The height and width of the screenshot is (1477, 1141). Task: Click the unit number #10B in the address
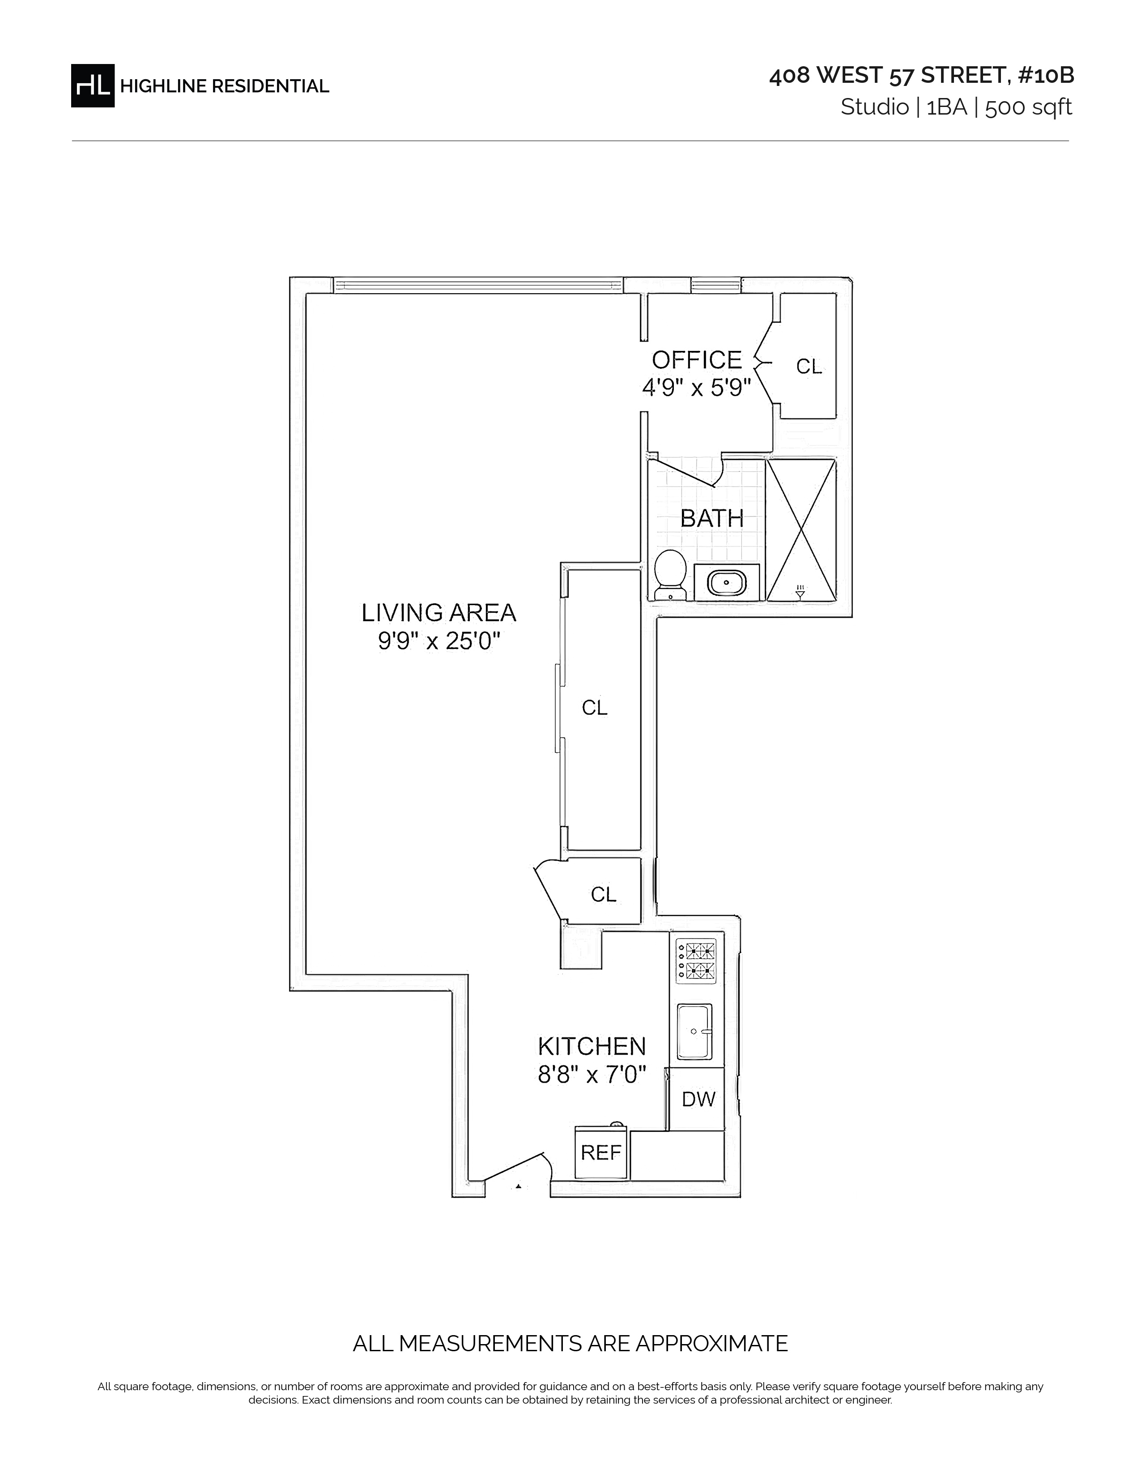click(x=1045, y=76)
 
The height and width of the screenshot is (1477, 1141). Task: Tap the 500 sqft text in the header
click(x=1028, y=107)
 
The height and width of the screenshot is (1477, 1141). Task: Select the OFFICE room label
click(x=696, y=360)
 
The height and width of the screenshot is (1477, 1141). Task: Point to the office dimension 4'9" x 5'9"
click(x=696, y=388)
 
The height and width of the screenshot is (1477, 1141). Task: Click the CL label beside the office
click(x=809, y=367)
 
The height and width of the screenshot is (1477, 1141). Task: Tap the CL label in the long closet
click(x=595, y=707)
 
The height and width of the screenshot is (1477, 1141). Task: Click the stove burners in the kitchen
click(x=696, y=961)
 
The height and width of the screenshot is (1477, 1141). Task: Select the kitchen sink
click(x=695, y=1031)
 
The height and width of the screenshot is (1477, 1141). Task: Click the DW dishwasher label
click(x=698, y=1099)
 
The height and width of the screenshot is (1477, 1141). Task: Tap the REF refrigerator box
click(x=601, y=1153)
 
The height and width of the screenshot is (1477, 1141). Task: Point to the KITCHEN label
click(x=592, y=1047)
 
